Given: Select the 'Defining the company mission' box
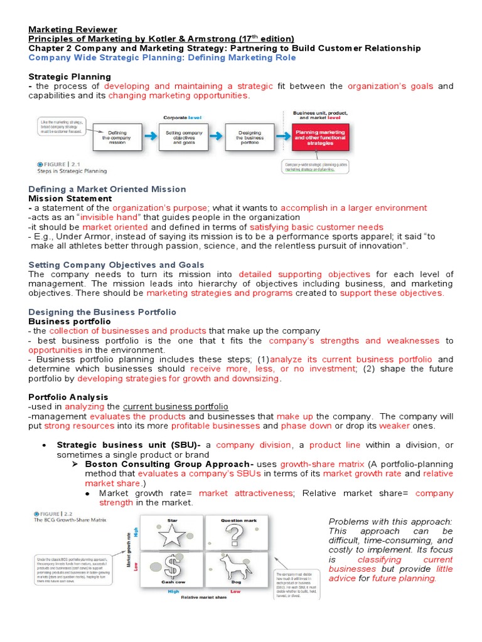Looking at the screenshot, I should [x=117, y=137].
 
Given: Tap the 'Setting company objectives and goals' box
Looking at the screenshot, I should [x=184, y=137].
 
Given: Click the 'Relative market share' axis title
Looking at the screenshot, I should [x=205, y=597].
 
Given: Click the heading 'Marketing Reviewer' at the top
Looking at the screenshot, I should [x=73, y=29].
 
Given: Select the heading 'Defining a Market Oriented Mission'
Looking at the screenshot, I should [x=107, y=189].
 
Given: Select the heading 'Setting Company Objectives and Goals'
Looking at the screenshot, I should [x=117, y=265].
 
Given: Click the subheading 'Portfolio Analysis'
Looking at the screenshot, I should [x=68, y=397].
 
